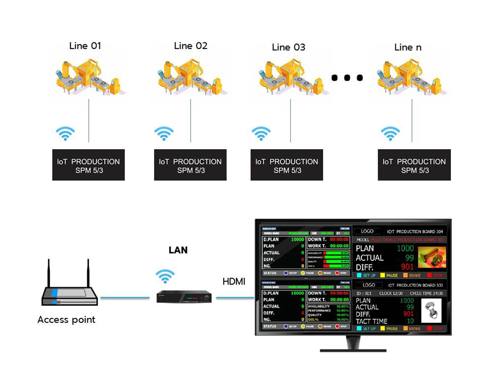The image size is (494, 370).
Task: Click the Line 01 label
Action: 85,46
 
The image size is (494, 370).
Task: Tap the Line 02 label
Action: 190,46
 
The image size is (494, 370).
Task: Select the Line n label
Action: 408,47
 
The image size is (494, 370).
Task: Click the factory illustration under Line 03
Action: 291,77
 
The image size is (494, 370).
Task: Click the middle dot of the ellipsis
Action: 347,77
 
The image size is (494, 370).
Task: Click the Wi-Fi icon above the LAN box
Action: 165,276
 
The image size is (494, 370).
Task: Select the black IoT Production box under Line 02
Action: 190,165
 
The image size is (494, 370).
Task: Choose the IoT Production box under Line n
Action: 414,165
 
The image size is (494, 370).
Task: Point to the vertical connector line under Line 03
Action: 290,121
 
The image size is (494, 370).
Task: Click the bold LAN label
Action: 178,250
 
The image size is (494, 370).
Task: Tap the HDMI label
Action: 234,282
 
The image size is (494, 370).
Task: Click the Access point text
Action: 66,320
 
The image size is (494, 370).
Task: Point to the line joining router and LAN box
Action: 125,298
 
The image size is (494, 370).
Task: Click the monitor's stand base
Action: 353,350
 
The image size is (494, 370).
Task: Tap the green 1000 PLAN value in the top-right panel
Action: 405,248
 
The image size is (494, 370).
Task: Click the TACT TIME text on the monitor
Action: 371,321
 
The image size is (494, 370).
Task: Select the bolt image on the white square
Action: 431,311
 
